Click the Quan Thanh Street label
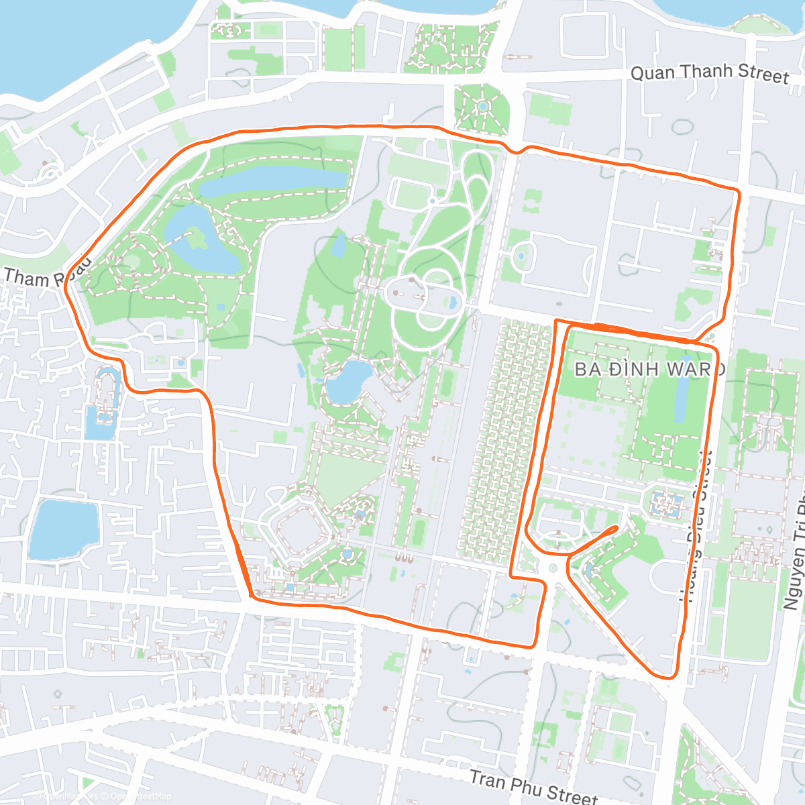[710, 72]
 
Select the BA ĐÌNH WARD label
[649, 369]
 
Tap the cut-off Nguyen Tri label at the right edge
[794, 550]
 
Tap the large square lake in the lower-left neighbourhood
[63, 530]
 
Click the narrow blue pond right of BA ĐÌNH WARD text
[681, 399]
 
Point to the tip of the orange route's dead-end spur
[615, 528]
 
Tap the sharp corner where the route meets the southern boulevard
[250, 596]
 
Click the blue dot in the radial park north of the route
[482, 106]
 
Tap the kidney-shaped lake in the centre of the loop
[346, 381]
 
